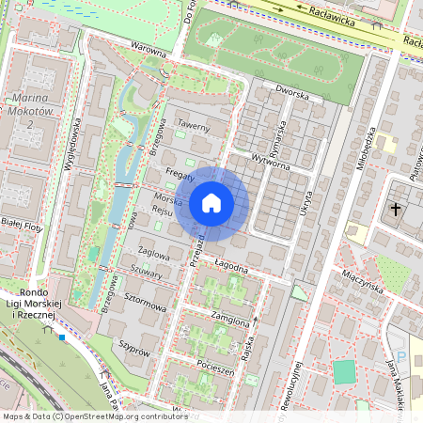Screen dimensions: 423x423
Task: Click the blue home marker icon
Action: pos(211,203)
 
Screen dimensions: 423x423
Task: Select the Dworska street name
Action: pos(291,92)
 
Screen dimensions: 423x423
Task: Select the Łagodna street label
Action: pos(230,266)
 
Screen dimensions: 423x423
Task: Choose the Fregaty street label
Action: pos(179,176)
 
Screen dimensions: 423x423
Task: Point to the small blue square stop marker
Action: pos(61,337)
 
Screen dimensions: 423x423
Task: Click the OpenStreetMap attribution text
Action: pos(94,416)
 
